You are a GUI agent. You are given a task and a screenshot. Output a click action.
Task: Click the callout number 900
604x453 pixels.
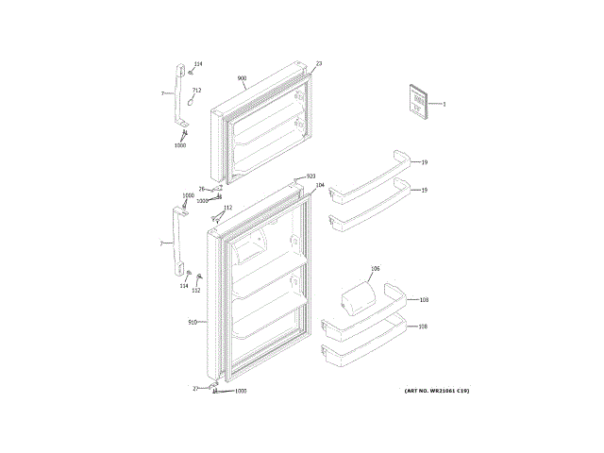242,78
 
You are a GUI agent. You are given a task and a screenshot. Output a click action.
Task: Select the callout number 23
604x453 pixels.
319,63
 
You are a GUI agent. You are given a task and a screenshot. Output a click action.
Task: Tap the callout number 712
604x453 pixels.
196,90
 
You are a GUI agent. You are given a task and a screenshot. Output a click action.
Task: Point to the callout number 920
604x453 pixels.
310,176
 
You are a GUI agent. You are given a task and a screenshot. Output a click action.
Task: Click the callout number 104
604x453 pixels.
320,185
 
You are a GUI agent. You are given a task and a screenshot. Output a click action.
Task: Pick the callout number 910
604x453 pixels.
193,323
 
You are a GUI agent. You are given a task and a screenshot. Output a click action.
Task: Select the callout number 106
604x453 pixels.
375,270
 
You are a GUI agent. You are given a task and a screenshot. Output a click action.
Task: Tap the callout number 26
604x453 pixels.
201,190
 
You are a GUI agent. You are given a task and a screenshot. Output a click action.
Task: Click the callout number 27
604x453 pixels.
196,389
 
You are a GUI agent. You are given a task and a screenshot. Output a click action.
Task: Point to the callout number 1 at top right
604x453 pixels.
444,103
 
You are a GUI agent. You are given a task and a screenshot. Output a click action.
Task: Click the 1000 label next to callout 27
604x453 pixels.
240,391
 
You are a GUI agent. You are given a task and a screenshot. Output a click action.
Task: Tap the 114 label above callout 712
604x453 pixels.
197,64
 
